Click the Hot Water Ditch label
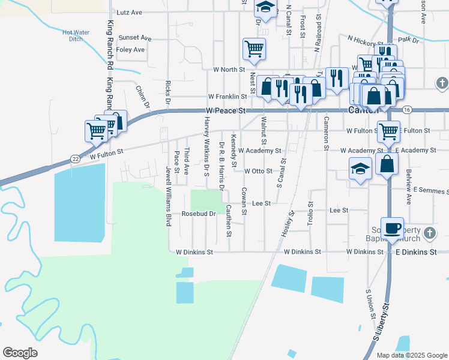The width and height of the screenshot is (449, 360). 75,35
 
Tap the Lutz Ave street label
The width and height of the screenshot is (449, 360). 129,12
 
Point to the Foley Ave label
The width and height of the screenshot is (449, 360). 130,50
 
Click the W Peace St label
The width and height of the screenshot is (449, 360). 226,111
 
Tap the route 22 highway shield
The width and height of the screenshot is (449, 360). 74,158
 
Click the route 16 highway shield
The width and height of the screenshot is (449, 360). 407,110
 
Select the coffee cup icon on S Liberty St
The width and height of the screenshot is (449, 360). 392,228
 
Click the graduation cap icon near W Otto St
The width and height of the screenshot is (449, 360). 360,169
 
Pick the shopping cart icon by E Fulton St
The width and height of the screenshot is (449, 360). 388,130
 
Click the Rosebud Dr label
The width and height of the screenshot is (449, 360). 198,214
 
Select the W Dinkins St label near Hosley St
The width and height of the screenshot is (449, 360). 303,252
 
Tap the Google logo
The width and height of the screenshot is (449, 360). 20,353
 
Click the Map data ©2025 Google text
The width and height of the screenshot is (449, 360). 411,355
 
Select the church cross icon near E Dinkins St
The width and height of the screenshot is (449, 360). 429,232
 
